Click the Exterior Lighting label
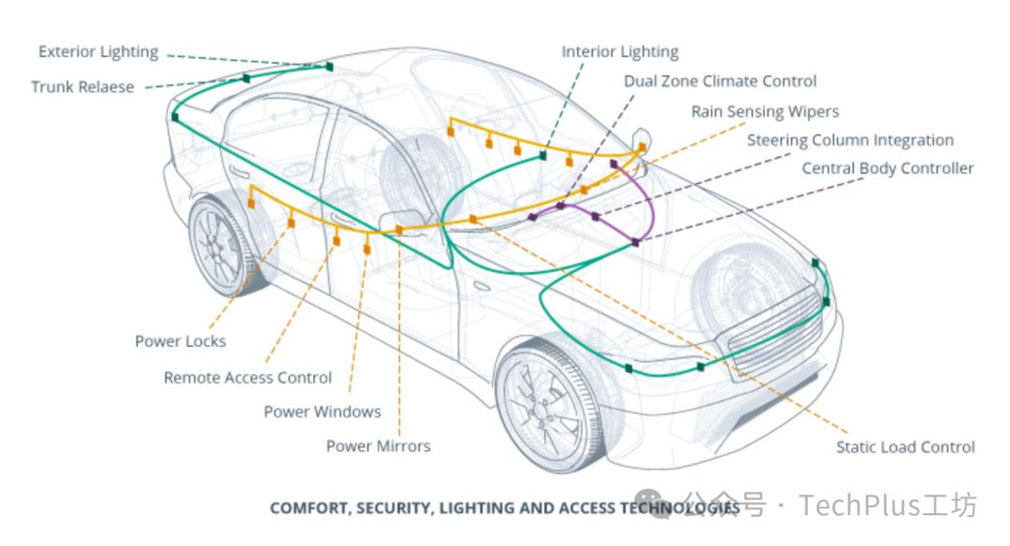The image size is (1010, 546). click(98, 52)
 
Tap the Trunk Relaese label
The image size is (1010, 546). click(82, 87)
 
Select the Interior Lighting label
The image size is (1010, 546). click(620, 52)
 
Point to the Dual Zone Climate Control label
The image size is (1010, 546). click(720, 81)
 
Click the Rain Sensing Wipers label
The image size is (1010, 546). click(765, 111)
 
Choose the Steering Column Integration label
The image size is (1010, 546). click(850, 140)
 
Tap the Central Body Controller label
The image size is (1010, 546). click(887, 168)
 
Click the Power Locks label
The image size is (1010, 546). click(180, 341)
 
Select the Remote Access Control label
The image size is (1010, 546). click(248, 378)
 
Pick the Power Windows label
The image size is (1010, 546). click(322, 411)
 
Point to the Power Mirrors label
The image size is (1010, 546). click(378, 446)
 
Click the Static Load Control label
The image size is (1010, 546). click(905, 447)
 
